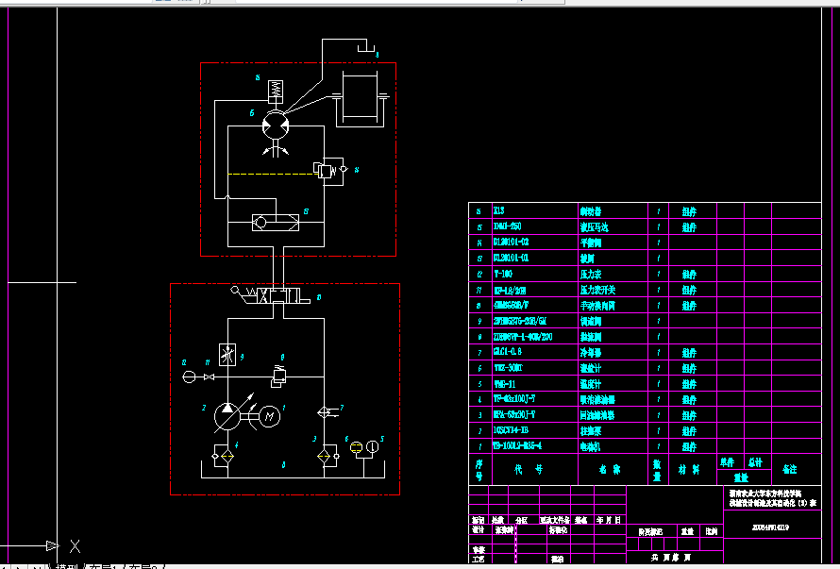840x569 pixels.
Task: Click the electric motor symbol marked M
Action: coord(269,414)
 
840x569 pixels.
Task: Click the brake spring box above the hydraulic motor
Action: coord(276,91)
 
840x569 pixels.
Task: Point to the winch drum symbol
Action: coord(360,97)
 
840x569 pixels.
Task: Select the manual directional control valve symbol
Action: coord(274,296)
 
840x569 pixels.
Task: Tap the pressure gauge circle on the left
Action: coord(190,377)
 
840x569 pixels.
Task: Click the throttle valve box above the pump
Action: coord(227,356)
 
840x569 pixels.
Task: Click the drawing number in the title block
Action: coord(769,529)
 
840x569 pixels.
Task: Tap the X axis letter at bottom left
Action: coord(76,546)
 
